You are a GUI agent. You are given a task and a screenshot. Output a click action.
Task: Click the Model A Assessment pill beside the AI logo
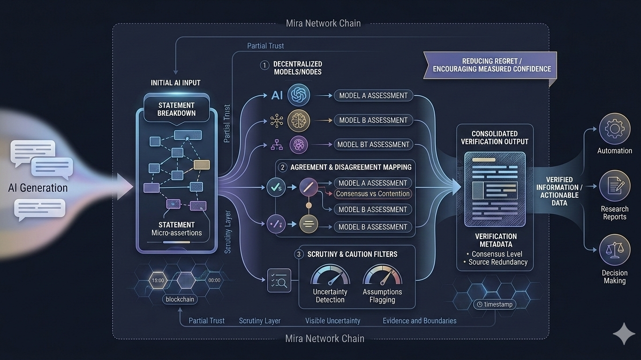click(373, 96)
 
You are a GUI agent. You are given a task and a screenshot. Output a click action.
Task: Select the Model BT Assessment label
click(373, 144)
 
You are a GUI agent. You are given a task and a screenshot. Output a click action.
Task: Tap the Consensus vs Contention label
click(373, 194)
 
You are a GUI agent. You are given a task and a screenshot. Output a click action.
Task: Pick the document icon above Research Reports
click(614, 186)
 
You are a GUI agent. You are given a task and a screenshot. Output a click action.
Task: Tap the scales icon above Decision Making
click(614, 250)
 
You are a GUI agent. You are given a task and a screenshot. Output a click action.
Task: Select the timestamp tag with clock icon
click(494, 304)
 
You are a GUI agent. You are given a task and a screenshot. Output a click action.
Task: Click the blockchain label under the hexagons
click(180, 299)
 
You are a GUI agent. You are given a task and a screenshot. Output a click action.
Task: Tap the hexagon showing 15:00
click(158, 280)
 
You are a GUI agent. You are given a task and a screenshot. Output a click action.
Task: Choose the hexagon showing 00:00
click(214, 280)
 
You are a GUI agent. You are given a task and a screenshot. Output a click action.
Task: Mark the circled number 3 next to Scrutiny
click(299, 255)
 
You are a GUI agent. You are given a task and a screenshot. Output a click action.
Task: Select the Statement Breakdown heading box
click(176, 109)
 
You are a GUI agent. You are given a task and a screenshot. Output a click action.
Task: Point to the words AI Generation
click(38, 188)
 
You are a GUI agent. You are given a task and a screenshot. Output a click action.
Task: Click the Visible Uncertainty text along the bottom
click(332, 321)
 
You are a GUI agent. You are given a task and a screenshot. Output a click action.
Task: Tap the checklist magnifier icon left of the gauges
click(279, 280)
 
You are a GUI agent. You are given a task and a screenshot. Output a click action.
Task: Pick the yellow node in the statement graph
click(202, 165)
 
